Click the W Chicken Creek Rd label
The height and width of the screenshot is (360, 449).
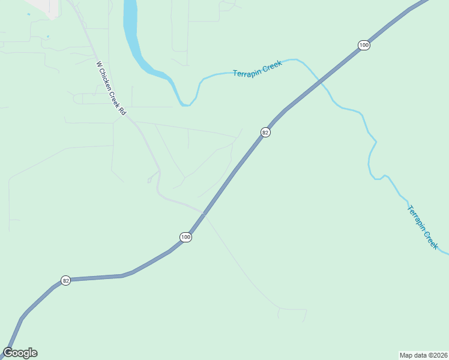[111, 88]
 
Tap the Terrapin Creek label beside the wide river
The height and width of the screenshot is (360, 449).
[257, 68]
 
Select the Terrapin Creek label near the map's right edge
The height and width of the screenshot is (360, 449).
[423, 227]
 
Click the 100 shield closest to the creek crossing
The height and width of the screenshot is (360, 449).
[363, 46]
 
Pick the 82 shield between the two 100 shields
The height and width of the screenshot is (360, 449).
[265, 132]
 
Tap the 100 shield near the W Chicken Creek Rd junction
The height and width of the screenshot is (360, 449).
[185, 238]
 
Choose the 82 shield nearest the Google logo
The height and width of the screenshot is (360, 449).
[66, 280]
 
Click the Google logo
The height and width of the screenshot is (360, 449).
[20, 353]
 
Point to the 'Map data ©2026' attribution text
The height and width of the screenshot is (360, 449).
[423, 355]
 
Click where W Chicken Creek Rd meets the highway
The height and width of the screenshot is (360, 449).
[205, 212]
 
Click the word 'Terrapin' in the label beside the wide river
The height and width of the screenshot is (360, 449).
[246, 71]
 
